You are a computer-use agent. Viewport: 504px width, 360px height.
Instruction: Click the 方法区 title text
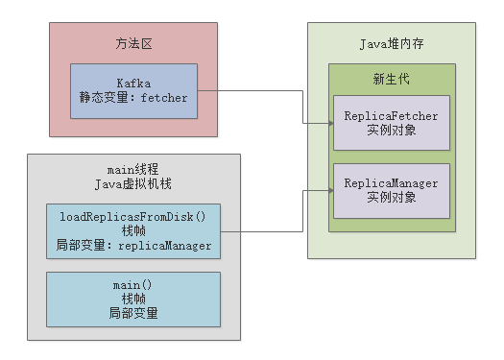[133, 45]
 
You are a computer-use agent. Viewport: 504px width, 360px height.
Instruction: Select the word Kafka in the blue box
[133, 84]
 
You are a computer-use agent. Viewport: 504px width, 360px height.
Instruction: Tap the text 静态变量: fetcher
[133, 98]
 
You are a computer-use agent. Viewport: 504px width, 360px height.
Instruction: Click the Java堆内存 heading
[391, 44]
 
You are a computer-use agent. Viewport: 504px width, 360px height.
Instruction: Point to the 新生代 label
[391, 79]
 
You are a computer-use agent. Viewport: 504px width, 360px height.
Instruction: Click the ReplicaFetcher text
[391, 116]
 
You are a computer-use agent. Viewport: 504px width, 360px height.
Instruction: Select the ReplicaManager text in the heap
[391, 183]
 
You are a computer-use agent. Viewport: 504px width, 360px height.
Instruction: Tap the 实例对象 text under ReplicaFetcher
[391, 131]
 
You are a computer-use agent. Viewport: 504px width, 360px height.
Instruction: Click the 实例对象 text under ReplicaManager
[391, 198]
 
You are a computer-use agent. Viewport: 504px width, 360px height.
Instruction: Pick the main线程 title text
[133, 170]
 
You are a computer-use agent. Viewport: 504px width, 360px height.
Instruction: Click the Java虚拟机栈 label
[133, 184]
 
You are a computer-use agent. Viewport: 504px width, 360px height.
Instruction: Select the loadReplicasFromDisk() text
[133, 217]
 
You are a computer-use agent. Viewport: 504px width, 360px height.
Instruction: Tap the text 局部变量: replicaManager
[133, 246]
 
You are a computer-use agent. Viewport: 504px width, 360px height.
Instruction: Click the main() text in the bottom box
[133, 285]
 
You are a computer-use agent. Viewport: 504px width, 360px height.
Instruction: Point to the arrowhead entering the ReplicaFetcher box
[328, 123]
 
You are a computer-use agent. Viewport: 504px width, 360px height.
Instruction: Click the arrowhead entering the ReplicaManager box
[328, 190]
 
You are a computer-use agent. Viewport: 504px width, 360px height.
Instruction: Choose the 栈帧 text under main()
[133, 299]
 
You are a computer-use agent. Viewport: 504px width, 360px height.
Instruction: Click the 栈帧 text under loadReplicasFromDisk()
[133, 231]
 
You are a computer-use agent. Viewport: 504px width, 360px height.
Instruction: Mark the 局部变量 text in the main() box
[133, 313]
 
